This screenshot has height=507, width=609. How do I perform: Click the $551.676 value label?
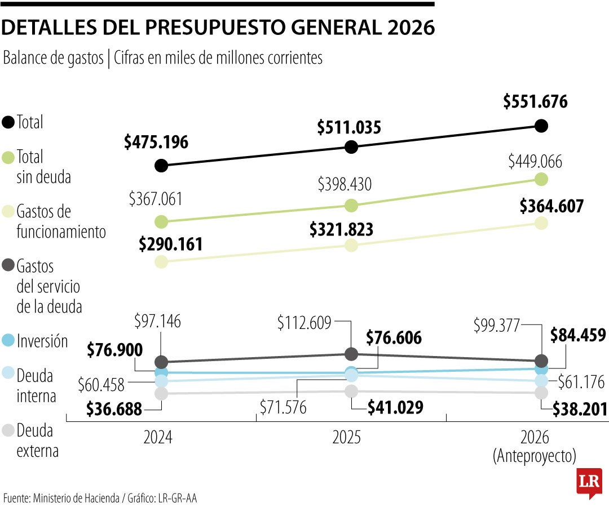click(x=535, y=102)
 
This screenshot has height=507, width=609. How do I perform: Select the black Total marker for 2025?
click(x=351, y=147)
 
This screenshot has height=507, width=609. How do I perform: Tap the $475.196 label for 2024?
click(x=156, y=142)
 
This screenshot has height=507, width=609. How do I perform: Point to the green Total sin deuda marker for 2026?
click(x=541, y=179)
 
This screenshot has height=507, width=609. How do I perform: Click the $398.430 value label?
click(x=345, y=184)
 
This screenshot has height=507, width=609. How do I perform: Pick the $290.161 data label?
click(x=171, y=244)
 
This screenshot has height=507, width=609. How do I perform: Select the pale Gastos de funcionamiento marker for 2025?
click(x=351, y=245)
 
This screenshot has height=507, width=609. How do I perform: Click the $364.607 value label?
click(x=551, y=206)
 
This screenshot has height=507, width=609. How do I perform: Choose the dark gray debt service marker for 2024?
click(x=161, y=362)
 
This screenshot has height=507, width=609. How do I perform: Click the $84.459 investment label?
click(x=578, y=336)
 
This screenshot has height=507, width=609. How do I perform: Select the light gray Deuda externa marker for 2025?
click(x=351, y=391)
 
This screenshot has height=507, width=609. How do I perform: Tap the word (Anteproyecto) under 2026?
click(x=535, y=456)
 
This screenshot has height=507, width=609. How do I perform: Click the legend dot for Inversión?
click(x=8, y=341)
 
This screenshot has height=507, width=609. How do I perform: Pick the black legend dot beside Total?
click(x=8, y=122)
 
